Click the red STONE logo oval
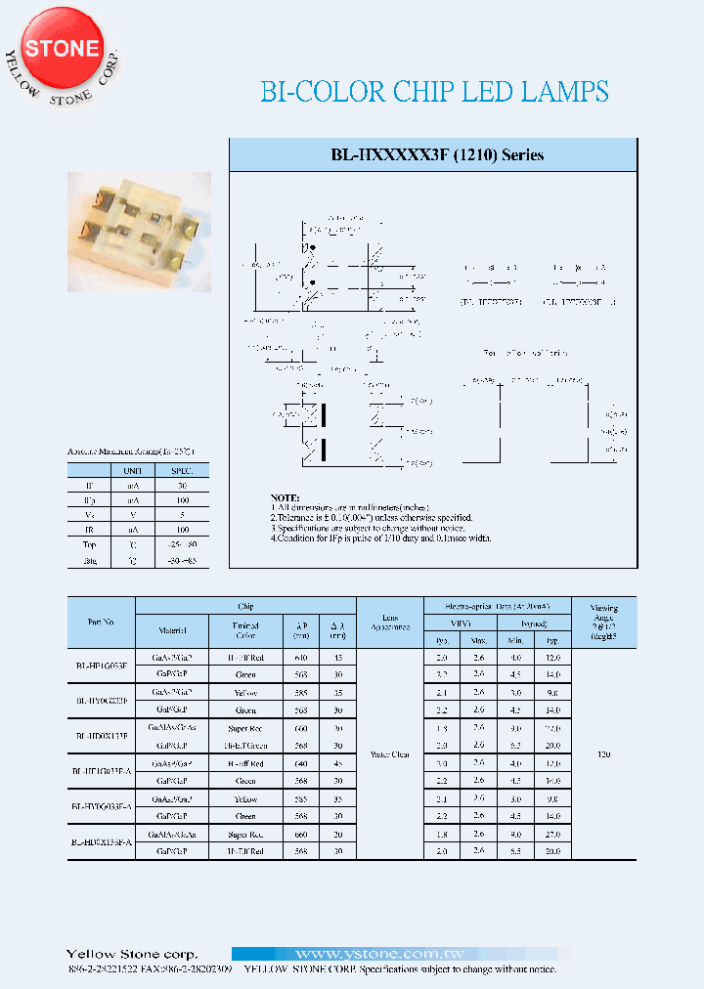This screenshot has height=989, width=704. (x=62, y=48)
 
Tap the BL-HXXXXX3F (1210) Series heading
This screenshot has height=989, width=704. (x=436, y=155)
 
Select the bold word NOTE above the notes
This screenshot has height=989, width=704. (x=286, y=497)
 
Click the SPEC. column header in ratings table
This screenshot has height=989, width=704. (x=182, y=470)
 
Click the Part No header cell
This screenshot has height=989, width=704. (x=101, y=622)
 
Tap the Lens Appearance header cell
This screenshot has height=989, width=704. (x=389, y=622)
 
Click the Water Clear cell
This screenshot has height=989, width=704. (x=389, y=753)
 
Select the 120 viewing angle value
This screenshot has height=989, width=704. (x=604, y=753)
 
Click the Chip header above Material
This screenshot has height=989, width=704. (x=245, y=606)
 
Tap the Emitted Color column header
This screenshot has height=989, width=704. (x=245, y=630)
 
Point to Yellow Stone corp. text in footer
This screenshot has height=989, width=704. (x=131, y=954)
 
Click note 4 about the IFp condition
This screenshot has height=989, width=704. (x=381, y=538)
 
